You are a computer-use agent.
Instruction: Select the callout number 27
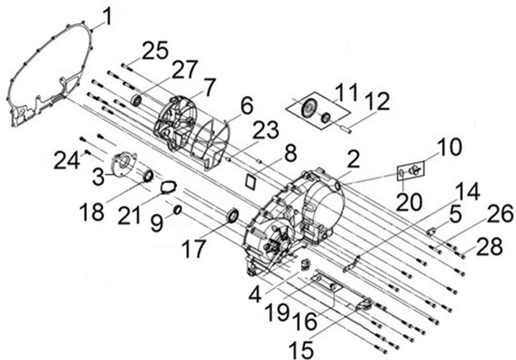click(185, 68)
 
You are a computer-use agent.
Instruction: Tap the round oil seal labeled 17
click(233, 215)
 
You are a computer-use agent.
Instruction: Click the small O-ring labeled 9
click(176, 211)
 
